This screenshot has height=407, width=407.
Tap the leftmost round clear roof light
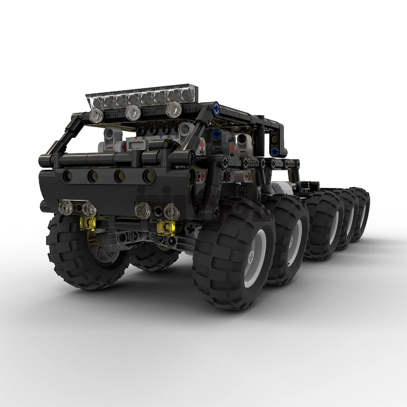click(96, 116)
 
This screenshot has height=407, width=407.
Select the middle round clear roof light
click(134, 113)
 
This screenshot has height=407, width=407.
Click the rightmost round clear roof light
click(173, 109)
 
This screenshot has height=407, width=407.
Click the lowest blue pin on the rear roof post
click(274, 151)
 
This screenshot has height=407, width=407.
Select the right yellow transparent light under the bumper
click(166, 227)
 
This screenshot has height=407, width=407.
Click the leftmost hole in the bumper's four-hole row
click(67, 175)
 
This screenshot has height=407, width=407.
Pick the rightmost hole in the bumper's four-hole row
click(148, 175)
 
